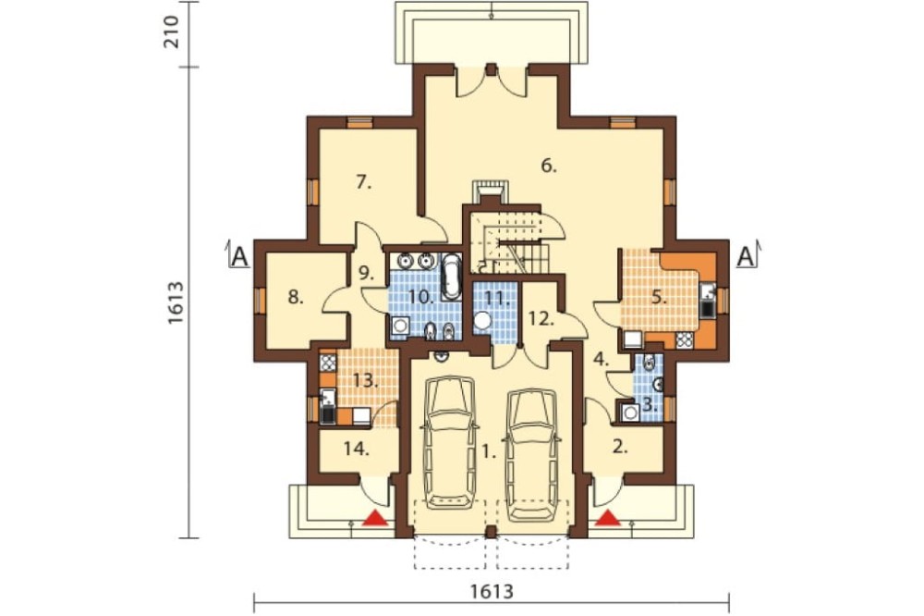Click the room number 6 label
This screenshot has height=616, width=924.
tap(548, 166)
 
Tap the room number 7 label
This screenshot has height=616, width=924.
tap(363, 182)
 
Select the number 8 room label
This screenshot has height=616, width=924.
tap(296, 298)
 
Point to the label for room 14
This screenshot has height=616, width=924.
tap(357, 450)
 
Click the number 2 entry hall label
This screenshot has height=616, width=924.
tap(619, 447)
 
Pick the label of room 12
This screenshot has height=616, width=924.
tap(541, 319)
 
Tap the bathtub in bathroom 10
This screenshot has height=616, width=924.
tap(452, 277)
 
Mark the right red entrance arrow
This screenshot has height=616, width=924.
tap(608, 518)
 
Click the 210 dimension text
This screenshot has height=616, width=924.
tap(170, 33)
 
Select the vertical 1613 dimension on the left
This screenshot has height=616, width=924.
tap(176, 302)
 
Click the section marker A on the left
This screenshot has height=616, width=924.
tap(238, 256)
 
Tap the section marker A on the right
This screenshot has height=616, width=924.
tap(746, 256)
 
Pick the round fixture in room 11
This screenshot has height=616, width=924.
tap(483, 321)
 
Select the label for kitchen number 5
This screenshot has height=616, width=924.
tap(659, 299)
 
